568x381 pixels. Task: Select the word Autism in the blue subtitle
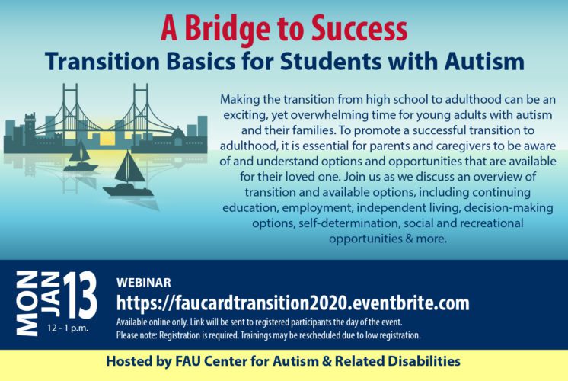pos(484,61)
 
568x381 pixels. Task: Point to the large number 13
pos(81,296)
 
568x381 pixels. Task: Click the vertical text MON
pos(27,303)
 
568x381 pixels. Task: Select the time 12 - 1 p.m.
pos(67,328)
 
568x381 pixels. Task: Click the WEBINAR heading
pos(143,283)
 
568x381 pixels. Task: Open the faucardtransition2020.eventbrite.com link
pos(292,303)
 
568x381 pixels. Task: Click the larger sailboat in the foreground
pos(128,174)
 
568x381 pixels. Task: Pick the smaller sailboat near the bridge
pos(81,156)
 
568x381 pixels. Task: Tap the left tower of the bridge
pos(70,112)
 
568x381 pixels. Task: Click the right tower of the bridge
pos(141,112)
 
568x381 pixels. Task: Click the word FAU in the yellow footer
pos(187,361)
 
